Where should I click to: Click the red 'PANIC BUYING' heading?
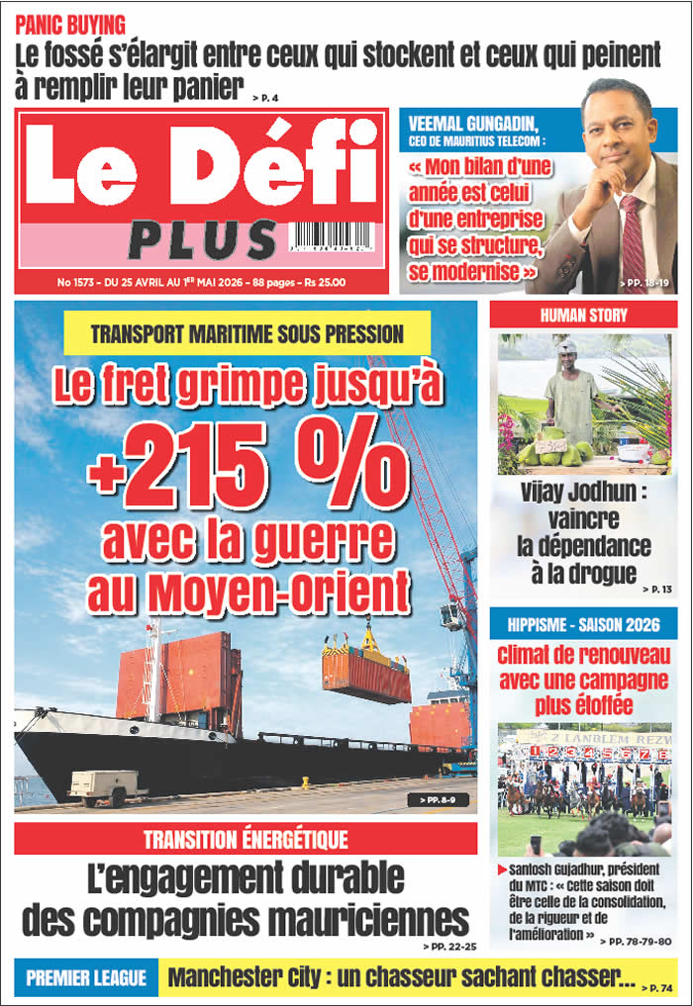pyautogui.click(x=70, y=24)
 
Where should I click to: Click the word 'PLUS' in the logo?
pyautogui.click(x=202, y=240)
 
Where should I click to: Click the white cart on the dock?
pyautogui.click(x=105, y=785)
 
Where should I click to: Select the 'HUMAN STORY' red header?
pyautogui.click(x=583, y=316)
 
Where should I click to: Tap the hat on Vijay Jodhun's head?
pyautogui.click(x=567, y=347)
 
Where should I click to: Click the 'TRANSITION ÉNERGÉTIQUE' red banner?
pyautogui.click(x=246, y=840)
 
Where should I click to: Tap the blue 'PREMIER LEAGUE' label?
pyautogui.click(x=86, y=978)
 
